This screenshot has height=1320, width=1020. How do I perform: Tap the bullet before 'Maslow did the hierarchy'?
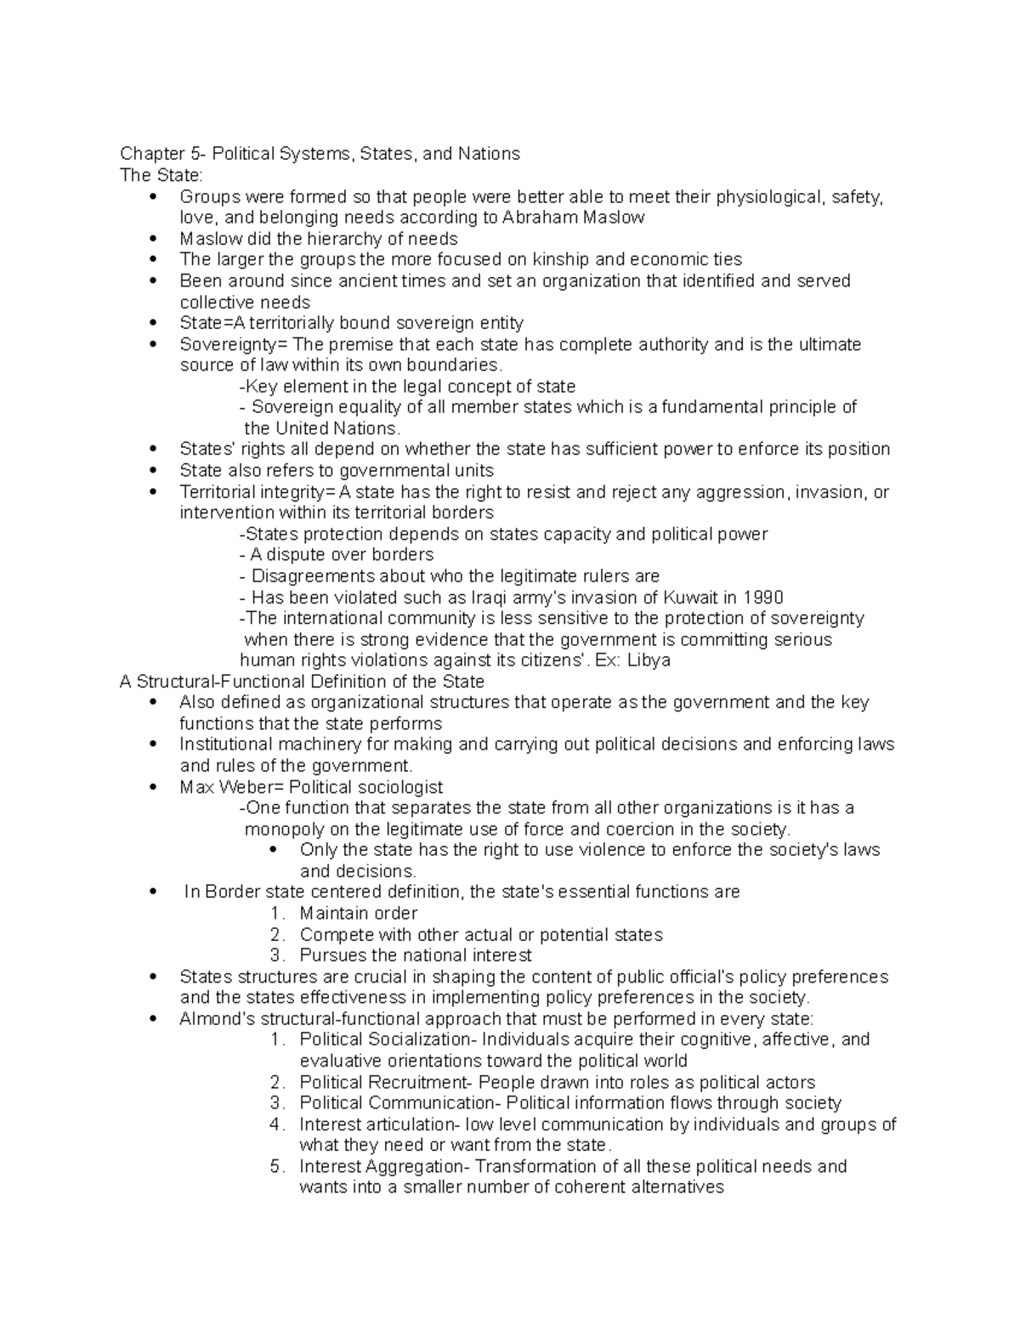[x=153, y=239]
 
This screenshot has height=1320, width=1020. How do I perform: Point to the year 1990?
[x=763, y=598]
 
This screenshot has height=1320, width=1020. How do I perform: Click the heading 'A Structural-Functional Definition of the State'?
[x=302, y=682]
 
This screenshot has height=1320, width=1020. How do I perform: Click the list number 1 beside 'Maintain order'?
[x=275, y=914]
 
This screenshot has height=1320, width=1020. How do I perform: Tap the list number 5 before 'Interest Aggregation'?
[x=275, y=1166]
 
